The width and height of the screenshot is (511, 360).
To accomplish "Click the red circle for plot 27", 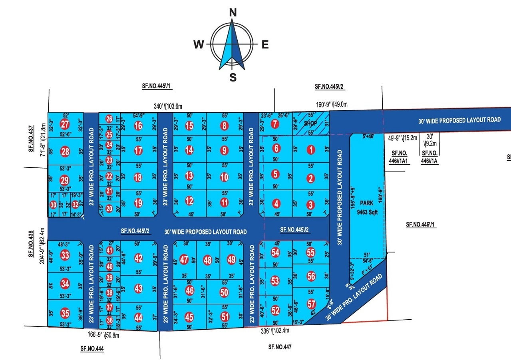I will coord(65,123).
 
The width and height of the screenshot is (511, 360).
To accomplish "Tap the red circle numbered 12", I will coord(189,201).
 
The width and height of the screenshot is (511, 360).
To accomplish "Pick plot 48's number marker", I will coord(207,260).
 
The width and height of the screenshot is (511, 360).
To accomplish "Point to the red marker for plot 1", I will coord(311,151).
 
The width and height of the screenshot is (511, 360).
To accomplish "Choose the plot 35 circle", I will coord(65,312).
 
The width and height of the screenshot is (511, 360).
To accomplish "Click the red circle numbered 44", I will coord(138,318).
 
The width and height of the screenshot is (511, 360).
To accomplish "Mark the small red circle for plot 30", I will coord(53,205).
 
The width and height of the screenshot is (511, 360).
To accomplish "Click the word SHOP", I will coord(310,123).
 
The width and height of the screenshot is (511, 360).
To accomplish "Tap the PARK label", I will coord(366,203).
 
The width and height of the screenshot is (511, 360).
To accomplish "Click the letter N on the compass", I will coord(232,13).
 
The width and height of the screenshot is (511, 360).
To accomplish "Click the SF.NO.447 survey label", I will coord(280,348).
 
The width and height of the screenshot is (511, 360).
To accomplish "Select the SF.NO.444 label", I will coord(92,348).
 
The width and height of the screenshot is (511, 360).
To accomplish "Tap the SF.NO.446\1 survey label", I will coord(421,225).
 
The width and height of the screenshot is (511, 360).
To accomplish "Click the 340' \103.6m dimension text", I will coord(168,106).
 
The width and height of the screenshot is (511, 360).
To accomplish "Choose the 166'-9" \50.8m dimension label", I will coord(103,335).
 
